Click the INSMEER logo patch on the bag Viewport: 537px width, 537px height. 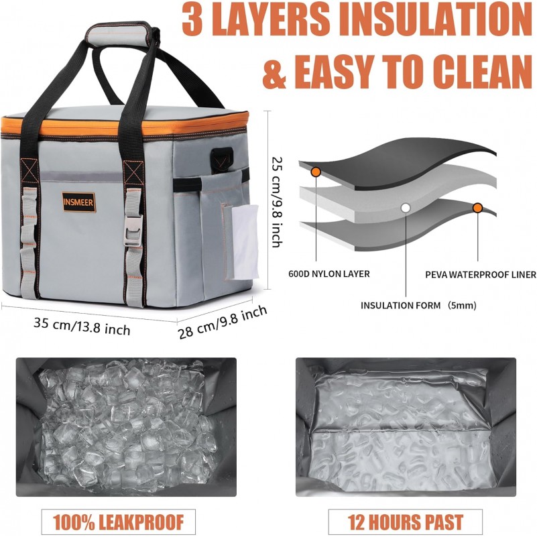click(78, 202)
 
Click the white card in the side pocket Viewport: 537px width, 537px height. click(245, 242)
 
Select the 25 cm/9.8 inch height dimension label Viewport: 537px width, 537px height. click(277, 202)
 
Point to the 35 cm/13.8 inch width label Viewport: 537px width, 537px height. click(82, 326)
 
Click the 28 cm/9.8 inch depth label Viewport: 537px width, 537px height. click(223, 322)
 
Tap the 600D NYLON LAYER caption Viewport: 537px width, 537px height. click(329, 274)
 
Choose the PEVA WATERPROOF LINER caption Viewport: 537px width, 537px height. click(481, 274)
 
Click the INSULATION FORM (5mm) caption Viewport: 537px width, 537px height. click(418, 305)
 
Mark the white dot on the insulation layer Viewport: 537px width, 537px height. click(406, 208)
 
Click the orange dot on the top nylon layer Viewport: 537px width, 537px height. click(315, 172)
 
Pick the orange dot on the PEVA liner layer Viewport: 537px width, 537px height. click(478, 208)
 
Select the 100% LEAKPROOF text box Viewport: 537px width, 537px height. click(119, 522)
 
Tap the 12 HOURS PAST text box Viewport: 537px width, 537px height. click(406, 522)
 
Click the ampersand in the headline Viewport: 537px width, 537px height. click(274, 72)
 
